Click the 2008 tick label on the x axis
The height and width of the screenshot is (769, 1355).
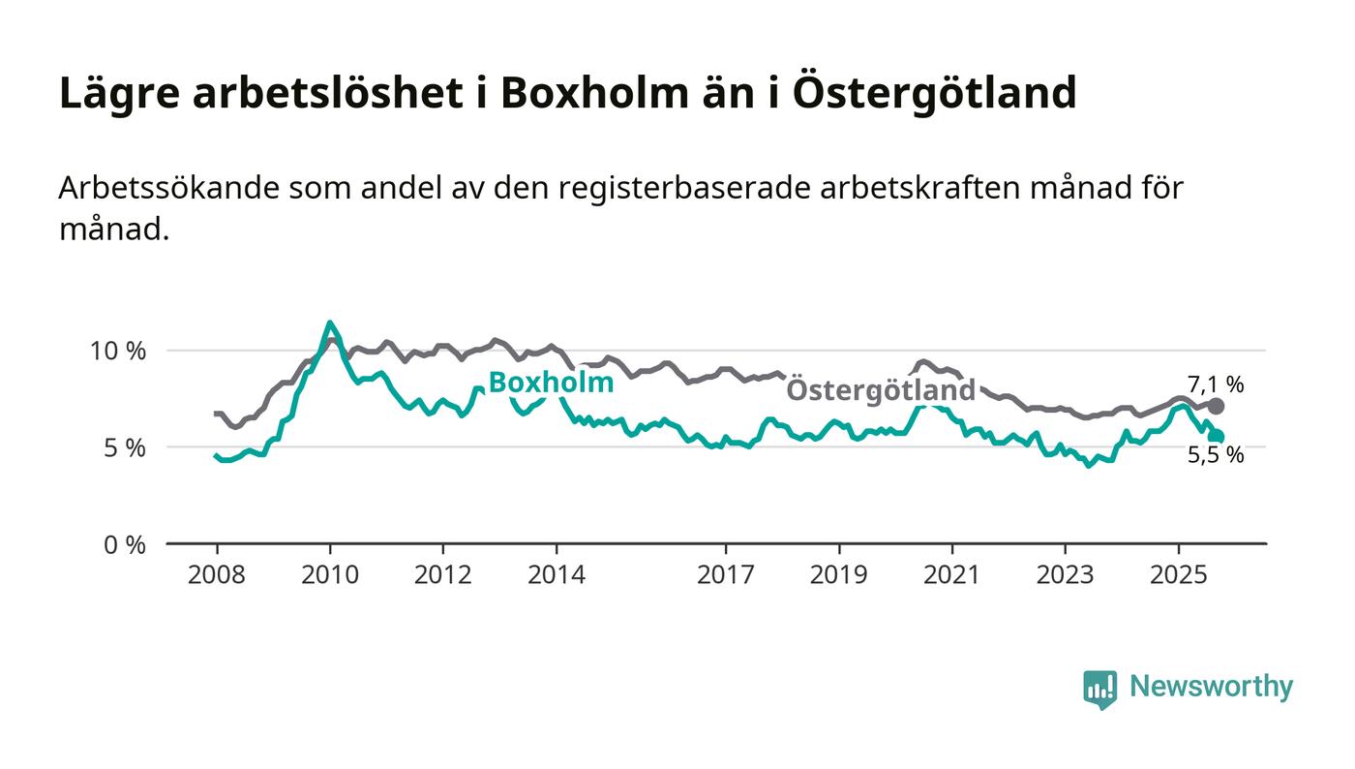(216, 574)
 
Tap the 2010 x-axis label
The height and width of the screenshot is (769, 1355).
(329, 574)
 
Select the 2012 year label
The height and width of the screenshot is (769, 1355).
(442, 574)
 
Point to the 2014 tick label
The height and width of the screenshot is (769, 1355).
(556, 574)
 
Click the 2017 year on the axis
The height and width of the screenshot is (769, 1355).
(725, 574)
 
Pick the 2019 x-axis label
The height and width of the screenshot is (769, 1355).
(838, 574)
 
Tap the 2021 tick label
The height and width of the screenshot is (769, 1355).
(951, 574)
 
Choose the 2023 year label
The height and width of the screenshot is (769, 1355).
(1065, 574)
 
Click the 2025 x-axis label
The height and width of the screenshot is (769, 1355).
(1178, 574)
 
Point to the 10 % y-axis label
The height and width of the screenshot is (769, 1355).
(117, 351)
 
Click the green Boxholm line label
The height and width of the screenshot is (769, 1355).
(550, 383)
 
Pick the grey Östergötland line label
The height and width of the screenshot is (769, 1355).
(881, 390)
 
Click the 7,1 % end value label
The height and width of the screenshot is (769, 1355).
(1216, 384)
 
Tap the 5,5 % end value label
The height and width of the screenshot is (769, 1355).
(1216, 455)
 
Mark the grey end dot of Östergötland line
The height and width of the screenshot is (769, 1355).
(1216, 407)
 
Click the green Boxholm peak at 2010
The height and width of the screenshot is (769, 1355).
(330, 323)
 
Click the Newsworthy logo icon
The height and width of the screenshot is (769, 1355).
(1099, 688)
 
